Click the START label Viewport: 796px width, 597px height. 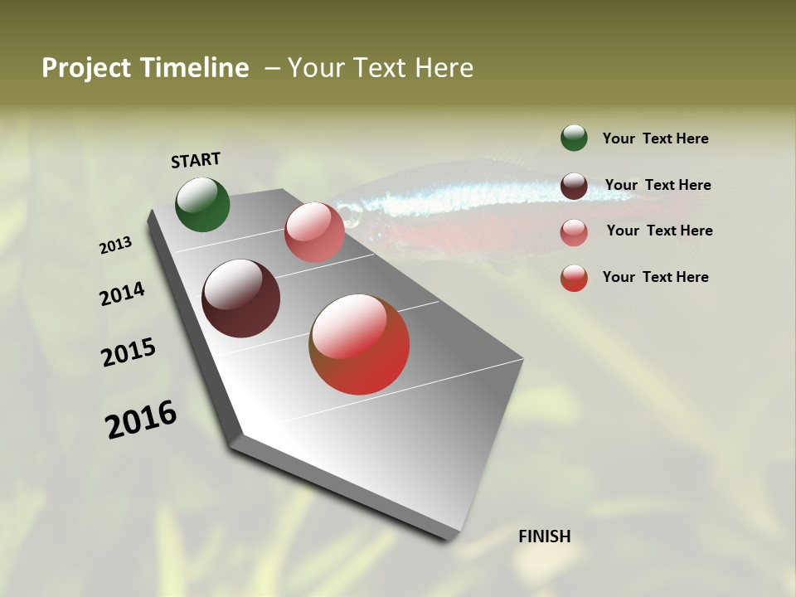pos(196,160)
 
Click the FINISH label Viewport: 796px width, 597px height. pos(544,536)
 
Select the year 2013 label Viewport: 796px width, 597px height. pos(115,245)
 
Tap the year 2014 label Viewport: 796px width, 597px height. pos(122,294)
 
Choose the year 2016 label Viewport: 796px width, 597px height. pos(141,420)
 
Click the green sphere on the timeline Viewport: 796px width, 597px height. pos(202,204)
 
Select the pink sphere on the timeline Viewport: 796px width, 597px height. pos(314,232)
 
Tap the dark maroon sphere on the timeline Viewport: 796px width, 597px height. pos(240,298)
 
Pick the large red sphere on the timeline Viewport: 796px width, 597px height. pos(359,344)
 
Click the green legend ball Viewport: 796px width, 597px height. pos(574,138)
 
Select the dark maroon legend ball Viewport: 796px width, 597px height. pos(574,186)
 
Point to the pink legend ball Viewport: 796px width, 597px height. pos(574,232)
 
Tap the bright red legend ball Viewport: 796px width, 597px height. pos(574,279)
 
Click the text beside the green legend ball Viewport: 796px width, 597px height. pos(655,139)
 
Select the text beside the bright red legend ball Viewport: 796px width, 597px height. pos(655,277)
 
